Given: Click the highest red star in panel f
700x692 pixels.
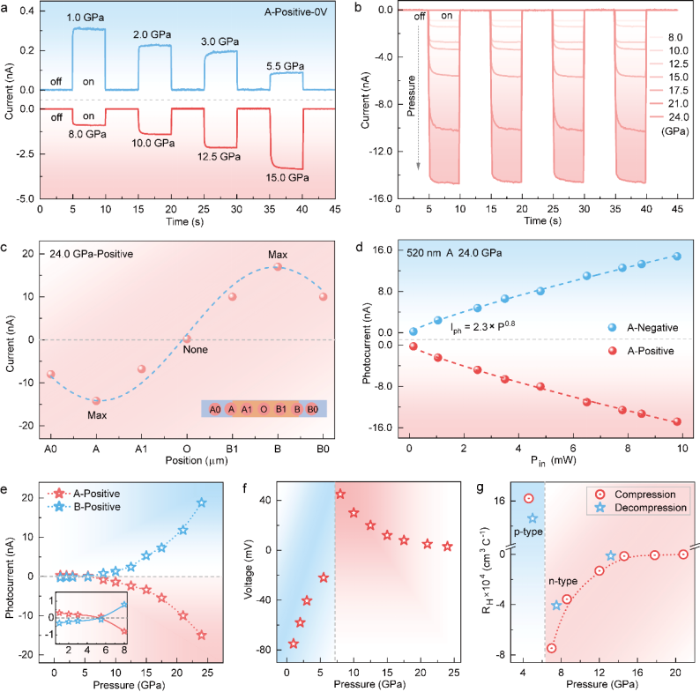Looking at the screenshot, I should tap(340, 494).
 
